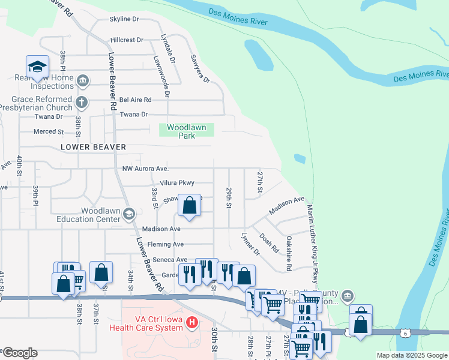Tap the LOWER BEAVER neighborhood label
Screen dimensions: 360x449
pyautogui.click(x=93, y=147)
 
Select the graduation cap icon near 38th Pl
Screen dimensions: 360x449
pyautogui.click(x=37, y=67)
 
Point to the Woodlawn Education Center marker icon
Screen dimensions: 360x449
pyautogui.click(x=128, y=214)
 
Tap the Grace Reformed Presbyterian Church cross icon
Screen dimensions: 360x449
pyautogui.click(x=82, y=103)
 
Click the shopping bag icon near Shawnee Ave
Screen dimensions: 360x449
pyautogui.click(x=189, y=205)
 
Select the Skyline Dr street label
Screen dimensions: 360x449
pyautogui.click(x=124, y=19)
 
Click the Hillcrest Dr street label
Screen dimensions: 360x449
pyautogui.click(x=127, y=40)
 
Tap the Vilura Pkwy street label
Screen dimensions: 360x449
pyautogui.click(x=177, y=183)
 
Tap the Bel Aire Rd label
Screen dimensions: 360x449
pyautogui.click(x=136, y=100)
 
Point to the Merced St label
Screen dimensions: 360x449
pyautogui.click(x=49, y=131)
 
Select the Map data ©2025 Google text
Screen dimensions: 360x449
pyautogui.click(x=411, y=355)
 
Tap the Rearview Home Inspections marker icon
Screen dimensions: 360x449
pyautogui.click(x=83, y=80)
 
